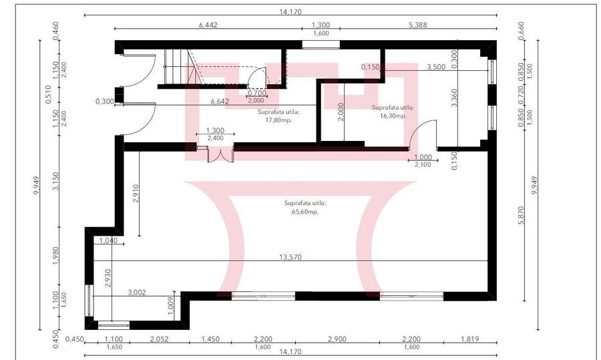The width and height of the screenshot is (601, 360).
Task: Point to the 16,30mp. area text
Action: (x=393, y=116)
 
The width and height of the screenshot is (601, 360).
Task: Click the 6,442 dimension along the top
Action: (x=209, y=25)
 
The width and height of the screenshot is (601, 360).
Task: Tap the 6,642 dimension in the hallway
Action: (x=220, y=102)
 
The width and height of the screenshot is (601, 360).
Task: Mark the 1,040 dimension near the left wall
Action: (x=108, y=240)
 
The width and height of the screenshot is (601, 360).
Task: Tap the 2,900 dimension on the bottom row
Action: (x=337, y=339)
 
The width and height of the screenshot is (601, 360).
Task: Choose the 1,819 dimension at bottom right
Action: (x=470, y=339)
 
